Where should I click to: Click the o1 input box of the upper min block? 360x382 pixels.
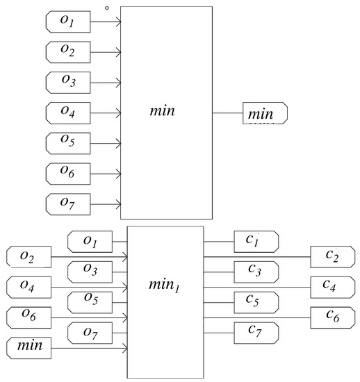click(x=68, y=22)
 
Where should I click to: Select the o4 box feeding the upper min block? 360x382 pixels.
click(x=68, y=113)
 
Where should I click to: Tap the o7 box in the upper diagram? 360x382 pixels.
click(x=68, y=204)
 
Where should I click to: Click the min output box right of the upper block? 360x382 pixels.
click(x=265, y=113)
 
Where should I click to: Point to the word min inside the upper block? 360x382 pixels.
click(x=163, y=111)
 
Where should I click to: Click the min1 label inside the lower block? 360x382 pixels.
click(x=164, y=285)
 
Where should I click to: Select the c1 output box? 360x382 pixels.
click(x=256, y=242)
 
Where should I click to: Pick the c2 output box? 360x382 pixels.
click(x=332, y=257)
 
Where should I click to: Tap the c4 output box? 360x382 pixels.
click(x=332, y=288)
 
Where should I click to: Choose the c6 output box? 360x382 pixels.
click(x=332, y=317)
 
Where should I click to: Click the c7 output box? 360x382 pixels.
click(x=256, y=333)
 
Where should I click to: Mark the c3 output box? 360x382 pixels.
click(x=256, y=272)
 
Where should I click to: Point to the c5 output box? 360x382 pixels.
click(x=256, y=302)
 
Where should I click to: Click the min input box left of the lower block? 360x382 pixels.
click(x=28, y=348)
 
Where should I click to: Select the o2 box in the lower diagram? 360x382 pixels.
click(x=28, y=257)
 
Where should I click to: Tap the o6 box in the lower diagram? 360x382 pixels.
click(x=28, y=317)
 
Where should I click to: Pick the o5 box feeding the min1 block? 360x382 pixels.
click(x=90, y=302)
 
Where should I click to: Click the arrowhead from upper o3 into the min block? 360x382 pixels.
click(x=119, y=83)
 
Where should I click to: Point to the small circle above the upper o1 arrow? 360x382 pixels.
click(x=107, y=8)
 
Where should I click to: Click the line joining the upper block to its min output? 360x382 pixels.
click(x=228, y=113)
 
